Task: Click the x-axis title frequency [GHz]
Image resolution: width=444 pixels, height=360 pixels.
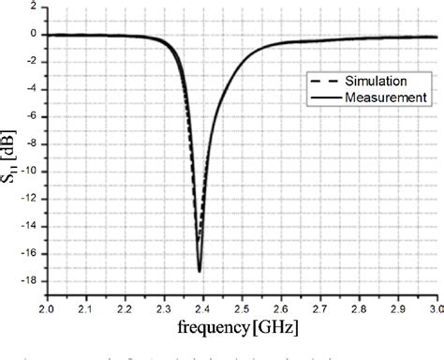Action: [x=241, y=329]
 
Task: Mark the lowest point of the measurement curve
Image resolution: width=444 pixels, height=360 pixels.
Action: [x=200, y=271]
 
